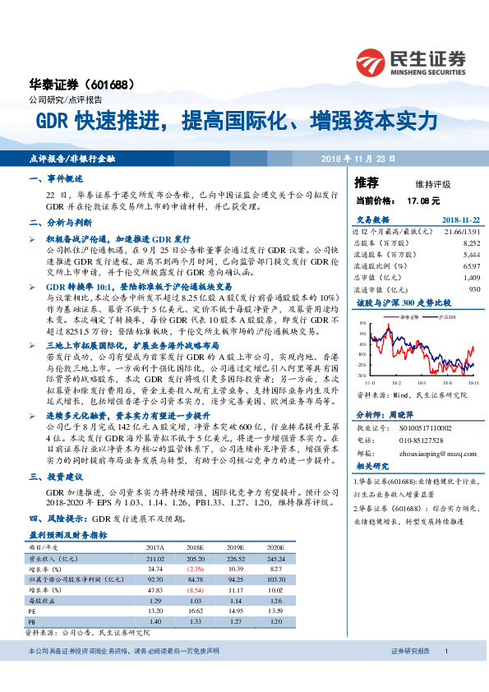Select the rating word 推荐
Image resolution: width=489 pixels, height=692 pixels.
[x=367, y=182]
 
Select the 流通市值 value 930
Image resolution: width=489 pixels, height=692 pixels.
[x=473, y=289]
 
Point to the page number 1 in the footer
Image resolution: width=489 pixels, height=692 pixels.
[x=446, y=674]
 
